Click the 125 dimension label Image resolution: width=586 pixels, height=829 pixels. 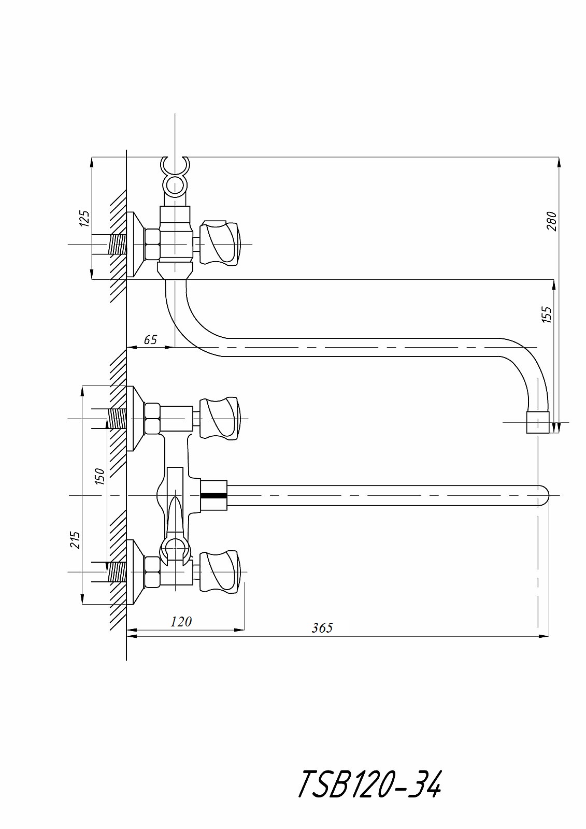[85, 218]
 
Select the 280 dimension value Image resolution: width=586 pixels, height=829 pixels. [552, 221]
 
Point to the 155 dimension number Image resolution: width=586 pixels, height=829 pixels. [547, 314]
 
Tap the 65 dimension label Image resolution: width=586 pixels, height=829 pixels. [150, 339]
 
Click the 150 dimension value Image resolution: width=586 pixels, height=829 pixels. [100, 476]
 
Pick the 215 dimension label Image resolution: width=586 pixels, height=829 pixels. [75, 540]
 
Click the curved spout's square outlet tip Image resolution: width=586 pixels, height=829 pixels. [537, 422]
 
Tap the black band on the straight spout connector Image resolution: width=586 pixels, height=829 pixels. [213, 495]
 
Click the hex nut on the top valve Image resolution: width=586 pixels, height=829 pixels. [152, 244]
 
